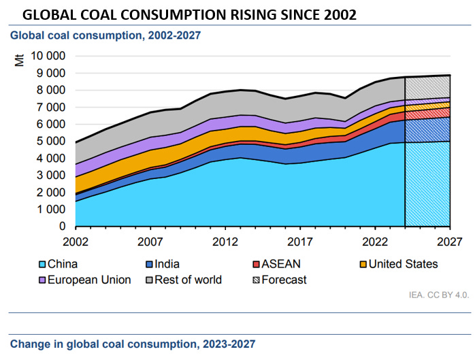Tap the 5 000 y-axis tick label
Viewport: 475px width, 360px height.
48,141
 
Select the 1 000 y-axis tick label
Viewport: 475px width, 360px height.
48,210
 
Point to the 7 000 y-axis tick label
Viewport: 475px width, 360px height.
48,107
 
